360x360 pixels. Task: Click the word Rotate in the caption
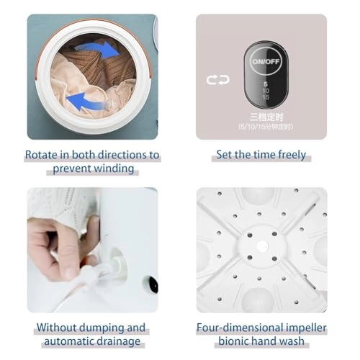tap(43, 155)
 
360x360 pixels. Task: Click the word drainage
tap(119, 341)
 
